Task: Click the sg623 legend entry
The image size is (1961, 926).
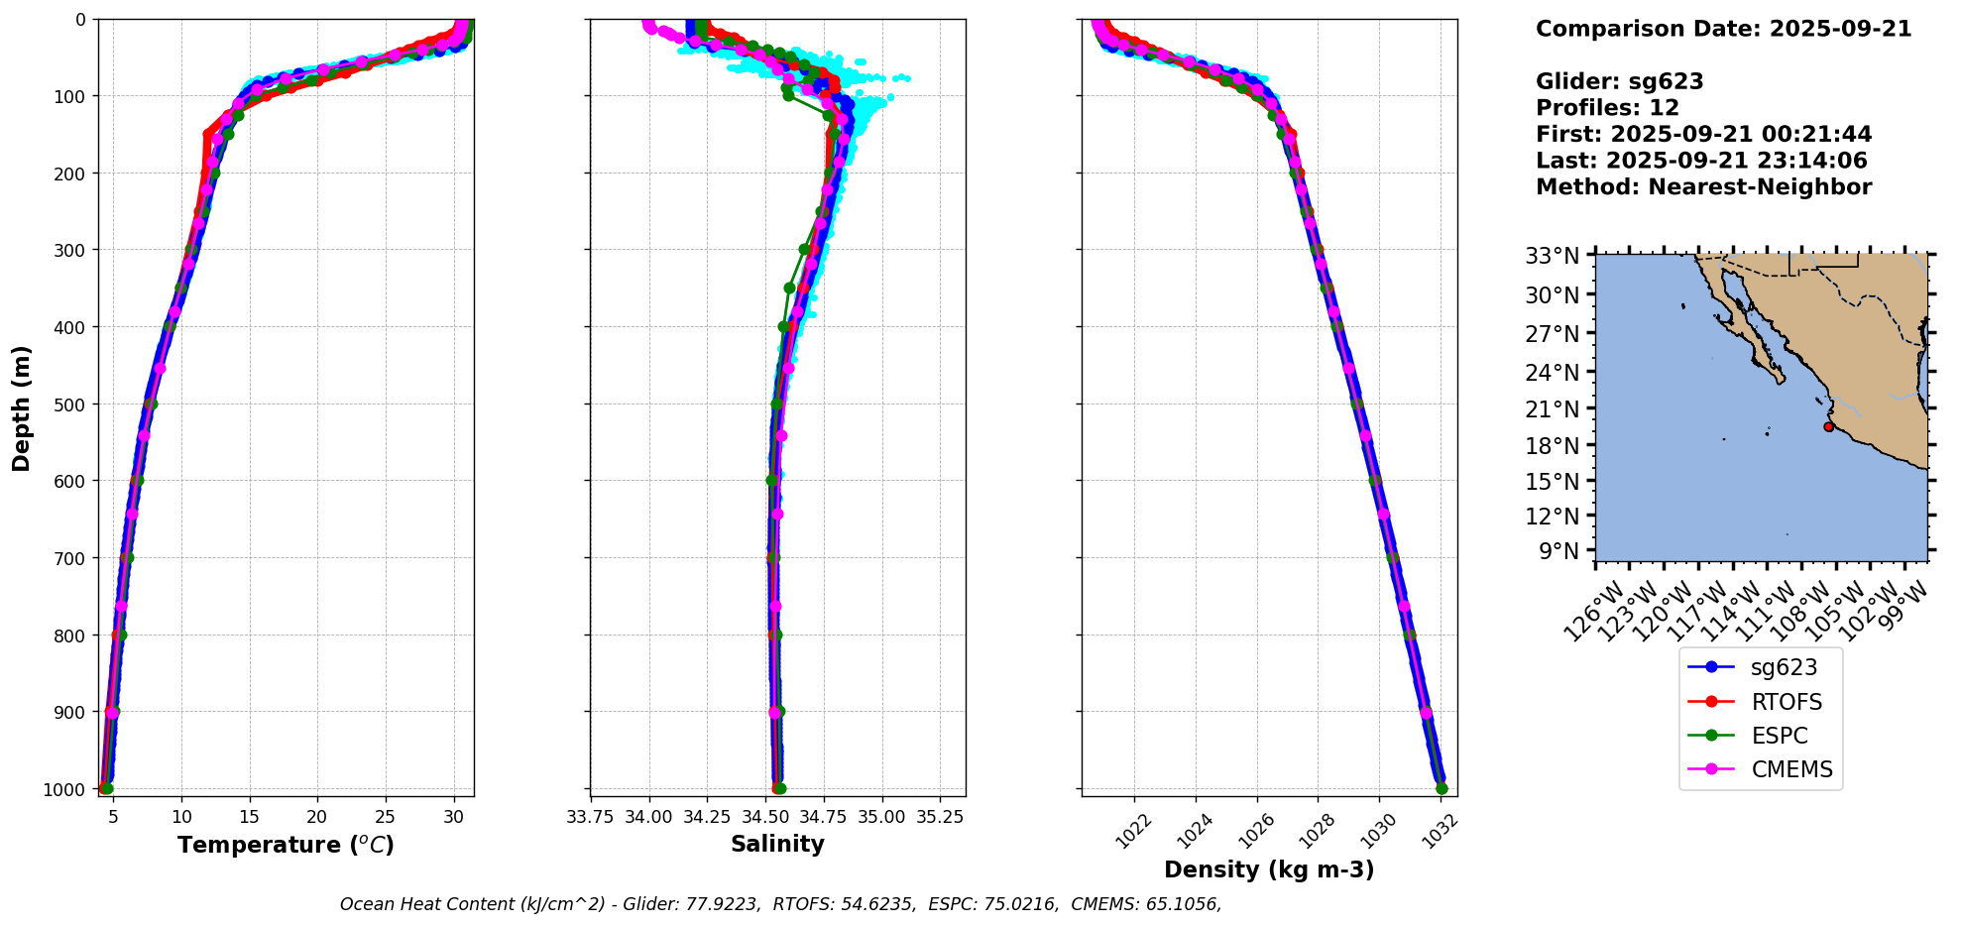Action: coord(1783,668)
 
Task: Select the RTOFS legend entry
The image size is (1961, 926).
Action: coord(1787,702)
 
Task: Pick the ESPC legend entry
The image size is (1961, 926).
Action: coord(1779,736)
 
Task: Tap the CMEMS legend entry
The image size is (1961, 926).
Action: coord(1791,769)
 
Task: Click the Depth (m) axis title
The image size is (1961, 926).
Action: coord(22,407)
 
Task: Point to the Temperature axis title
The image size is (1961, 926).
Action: coord(286,845)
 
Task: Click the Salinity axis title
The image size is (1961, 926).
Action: coord(777,845)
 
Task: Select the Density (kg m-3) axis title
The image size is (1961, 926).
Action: coord(1269,870)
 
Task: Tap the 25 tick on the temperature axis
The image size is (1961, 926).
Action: coord(385,817)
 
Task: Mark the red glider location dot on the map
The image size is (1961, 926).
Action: coord(1828,426)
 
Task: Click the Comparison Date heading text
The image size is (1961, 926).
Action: coord(1723,29)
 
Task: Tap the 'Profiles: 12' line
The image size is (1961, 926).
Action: coord(1607,108)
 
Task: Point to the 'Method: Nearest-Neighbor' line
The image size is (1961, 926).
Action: coord(1703,187)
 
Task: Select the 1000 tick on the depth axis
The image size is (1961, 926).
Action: coord(65,789)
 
